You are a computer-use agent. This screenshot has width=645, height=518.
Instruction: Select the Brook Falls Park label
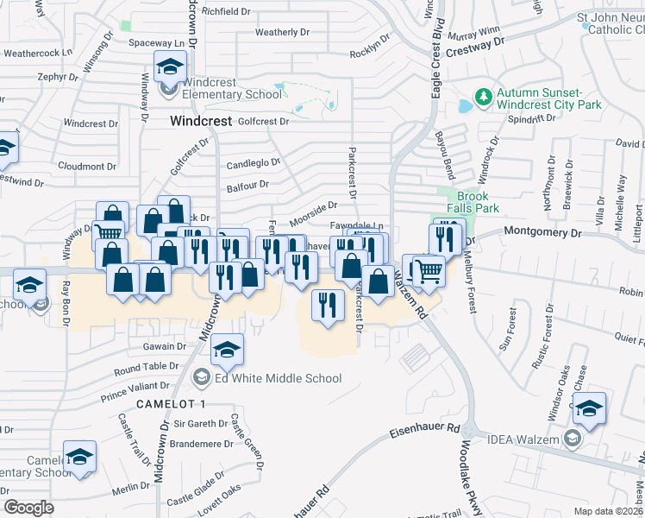pyautogui.click(x=478, y=202)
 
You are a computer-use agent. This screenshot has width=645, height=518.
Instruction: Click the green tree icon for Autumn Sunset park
pyautogui.click(x=484, y=94)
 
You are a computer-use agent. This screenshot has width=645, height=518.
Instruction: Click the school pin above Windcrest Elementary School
pyautogui.click(x=171, y=66)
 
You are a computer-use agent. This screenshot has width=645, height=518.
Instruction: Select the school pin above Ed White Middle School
pyautogui.click(x=226, y=348)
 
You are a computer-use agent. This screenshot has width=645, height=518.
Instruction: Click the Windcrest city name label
pyautogui.click(x=200, y=122)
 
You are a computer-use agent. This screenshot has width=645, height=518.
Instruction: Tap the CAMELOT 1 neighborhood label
pyautogui.click(x=171, y=404)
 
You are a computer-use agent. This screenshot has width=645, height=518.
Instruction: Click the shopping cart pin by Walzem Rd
pyautogui.click(x=429, y=270)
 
